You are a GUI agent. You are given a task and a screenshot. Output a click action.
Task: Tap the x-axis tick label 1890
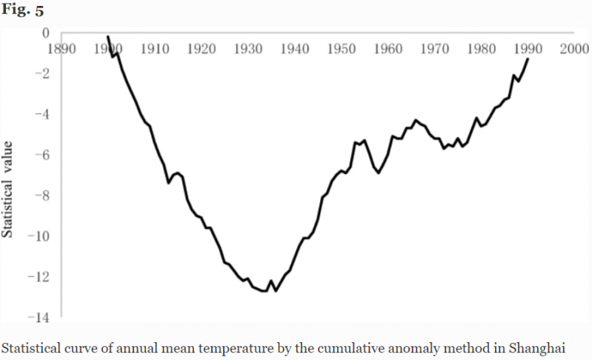click(61, 50)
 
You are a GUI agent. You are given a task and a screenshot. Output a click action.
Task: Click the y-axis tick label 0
click(45, 33)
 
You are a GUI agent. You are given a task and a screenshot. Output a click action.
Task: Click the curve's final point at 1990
click(528, 59)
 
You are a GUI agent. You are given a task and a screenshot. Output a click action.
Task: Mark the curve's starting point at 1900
click(107, 36)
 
